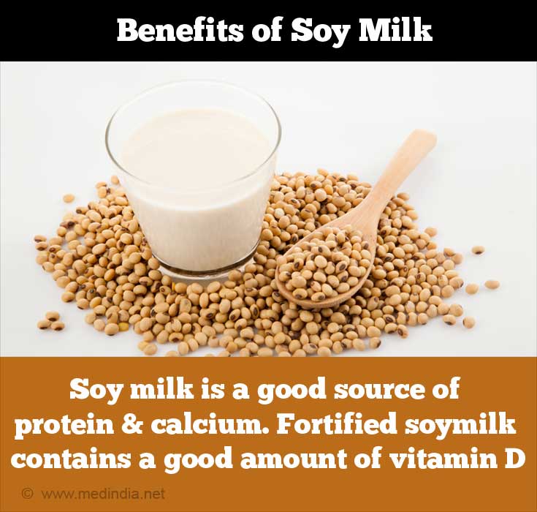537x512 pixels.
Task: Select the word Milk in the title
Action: click(x=395, y=30)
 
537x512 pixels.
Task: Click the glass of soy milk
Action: click(x=194, y=178)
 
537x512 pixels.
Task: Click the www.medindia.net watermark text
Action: click(x=104, y=494)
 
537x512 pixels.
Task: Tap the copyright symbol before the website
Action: click(x=28, y=494)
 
